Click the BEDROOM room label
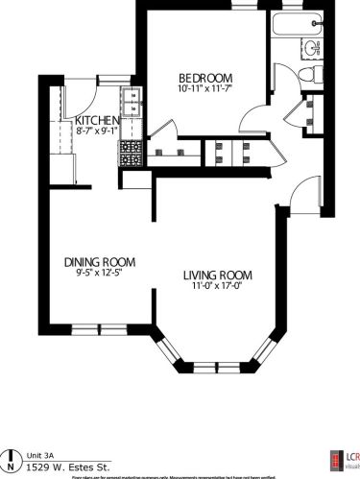tap(206, 77)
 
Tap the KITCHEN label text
tap(97, 120)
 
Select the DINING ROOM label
tap(99, 261)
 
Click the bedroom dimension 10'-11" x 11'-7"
tap(206, 89)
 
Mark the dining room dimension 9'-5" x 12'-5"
tap(99, 273)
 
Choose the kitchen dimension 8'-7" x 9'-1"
tap(97, 132)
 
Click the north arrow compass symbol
tap(12, 457)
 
